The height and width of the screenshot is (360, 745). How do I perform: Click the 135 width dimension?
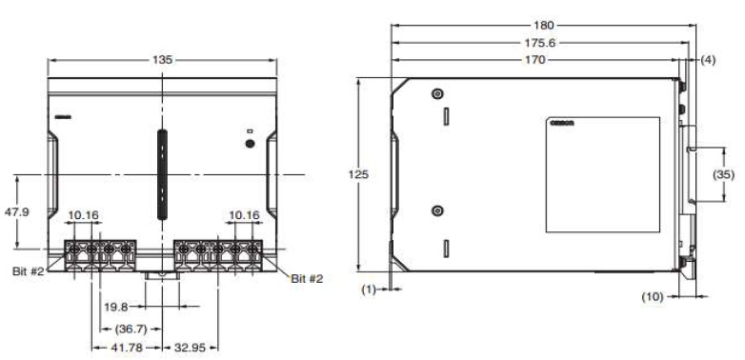pyautogui.click(x=163, y=59)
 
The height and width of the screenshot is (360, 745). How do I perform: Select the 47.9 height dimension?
pyautogui.click(x=18, y=211)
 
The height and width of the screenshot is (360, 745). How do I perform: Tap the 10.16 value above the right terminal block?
pyautogui.click(x=244, y=215)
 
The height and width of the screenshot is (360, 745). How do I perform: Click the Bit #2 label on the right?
pyautogui.click(x=307, y=279)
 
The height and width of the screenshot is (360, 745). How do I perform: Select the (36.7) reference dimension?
pyautogui.click(x=119, y=329)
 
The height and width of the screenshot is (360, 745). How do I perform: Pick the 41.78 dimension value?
pyautogui.click(x=127, y=349)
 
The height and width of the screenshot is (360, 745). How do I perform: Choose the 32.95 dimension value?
pyautogui.click(x=188, y=349)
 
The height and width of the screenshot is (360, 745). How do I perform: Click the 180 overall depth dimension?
pyautogui.click(x=543, y=24)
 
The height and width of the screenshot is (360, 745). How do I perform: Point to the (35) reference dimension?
pyautogui.click(x=724, y=175)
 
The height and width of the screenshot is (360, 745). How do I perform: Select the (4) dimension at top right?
pyautogui.click(x=707, y=60)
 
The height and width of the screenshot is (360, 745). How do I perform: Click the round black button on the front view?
pyautogui.click(x=250, y=144)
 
